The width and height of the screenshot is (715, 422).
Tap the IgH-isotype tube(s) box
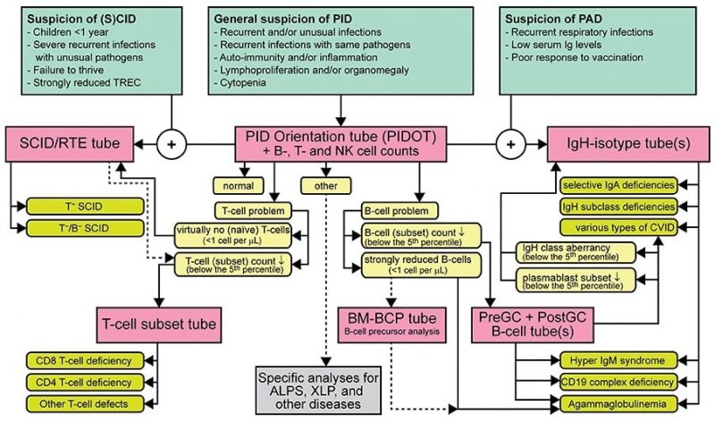pyautogui.click(x=631, y=142)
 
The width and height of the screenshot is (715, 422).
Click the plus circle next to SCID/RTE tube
pyautogui.click(x=170, y=143)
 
